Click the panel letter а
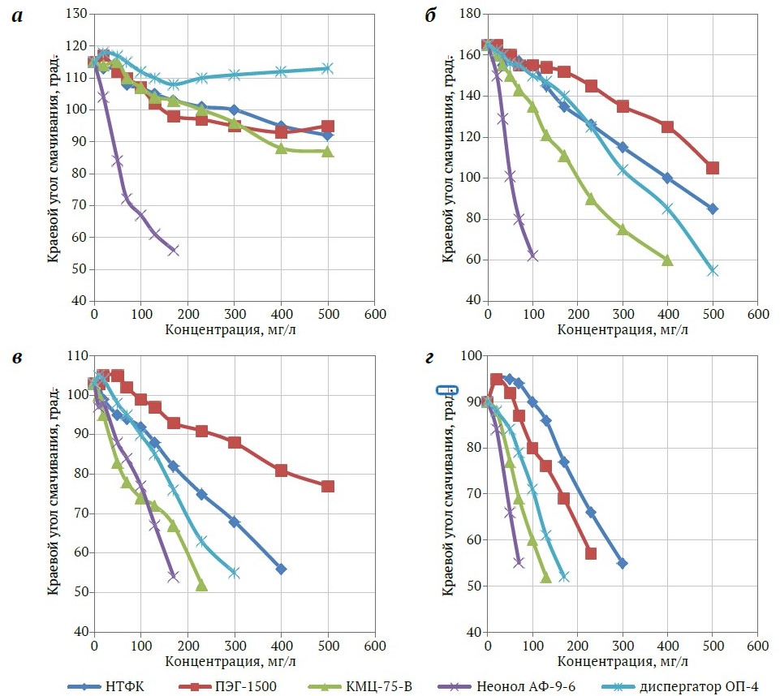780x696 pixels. point(17,17)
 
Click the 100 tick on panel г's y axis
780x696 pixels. point(469,355)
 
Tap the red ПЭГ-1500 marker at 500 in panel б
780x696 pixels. point(713,168)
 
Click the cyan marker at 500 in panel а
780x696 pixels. point(328,68)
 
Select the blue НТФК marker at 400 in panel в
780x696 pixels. point(281,569)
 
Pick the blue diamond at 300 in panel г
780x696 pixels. point(623,563)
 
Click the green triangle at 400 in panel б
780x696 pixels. point(667,260)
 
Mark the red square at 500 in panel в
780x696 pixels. point(328,486)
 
